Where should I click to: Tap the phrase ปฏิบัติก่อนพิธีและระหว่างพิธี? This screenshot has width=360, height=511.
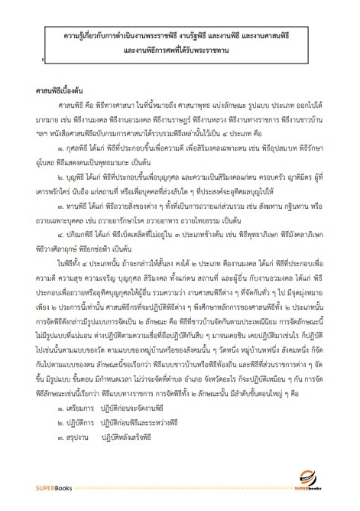pyautogui.click(x=157, y=445)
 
